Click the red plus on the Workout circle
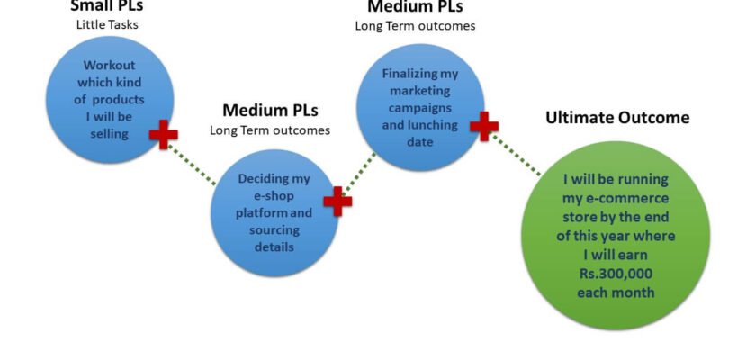point(163,135)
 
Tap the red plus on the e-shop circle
point(337,202)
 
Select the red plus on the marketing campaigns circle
point(484,127)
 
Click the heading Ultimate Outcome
point(617,118)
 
